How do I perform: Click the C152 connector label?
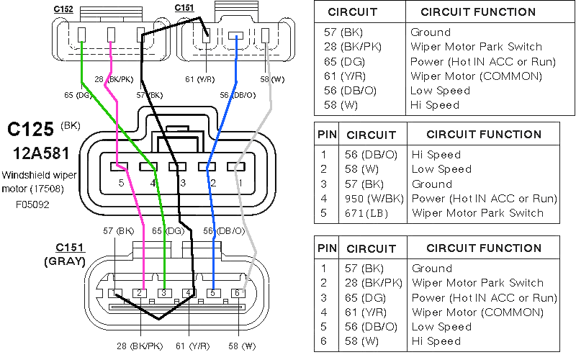(63, 9)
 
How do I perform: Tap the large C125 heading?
(30, 130)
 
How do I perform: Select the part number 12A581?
(41, 153)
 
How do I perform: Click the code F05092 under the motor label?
(32, 204)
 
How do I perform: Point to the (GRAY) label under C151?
(65, 261)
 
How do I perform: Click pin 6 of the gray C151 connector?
(238, 293)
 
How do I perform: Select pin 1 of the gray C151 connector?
(114, 293)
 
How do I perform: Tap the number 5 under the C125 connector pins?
(121, 183)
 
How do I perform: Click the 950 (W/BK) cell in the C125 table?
(374, 199)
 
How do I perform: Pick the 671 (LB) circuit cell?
(366, 213)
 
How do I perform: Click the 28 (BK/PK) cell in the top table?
(353, 47)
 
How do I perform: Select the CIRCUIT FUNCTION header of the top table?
(478, 12)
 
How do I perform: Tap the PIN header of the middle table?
(327, 135)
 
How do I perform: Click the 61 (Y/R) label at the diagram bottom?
(192, 346)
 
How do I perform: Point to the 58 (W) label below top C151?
(272, 79)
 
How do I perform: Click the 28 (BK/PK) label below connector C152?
(114, 79)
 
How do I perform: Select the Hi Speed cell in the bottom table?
(436, 341)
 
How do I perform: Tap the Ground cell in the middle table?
(431, 184)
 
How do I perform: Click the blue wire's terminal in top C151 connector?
(236, 36)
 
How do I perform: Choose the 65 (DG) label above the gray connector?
(168, 231)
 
